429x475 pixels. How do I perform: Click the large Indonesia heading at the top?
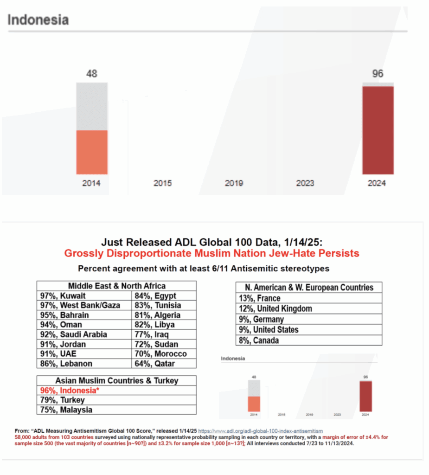(x=38, y=20)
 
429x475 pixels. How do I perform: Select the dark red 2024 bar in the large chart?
(x=378, y=130)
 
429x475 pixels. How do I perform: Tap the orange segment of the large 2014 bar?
(x=92, y=152)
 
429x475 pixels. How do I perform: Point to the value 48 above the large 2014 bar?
(x=92, y=73)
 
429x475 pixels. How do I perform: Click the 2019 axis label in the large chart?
(x=234, y=183)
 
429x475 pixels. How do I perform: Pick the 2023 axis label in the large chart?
(x=305, y=183)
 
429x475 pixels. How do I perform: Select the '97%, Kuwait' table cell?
(x=63, y=296)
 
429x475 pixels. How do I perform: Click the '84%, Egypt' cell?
(x=155, y=296)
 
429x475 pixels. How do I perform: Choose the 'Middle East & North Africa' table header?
(x=116, y=286)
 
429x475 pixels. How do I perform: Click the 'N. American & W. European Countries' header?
(x=308, y=287)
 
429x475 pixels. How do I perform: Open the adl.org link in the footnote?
(x=260, y=431)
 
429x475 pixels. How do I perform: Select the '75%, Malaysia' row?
(x=65, y=410)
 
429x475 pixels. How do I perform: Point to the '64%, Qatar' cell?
(x=155, y=364)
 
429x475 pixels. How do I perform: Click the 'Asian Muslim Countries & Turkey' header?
(x=116, y=380)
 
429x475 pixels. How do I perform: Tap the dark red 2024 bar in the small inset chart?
(x=365, y=396)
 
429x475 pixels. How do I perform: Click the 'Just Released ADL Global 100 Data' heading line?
(x=211, y=242)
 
